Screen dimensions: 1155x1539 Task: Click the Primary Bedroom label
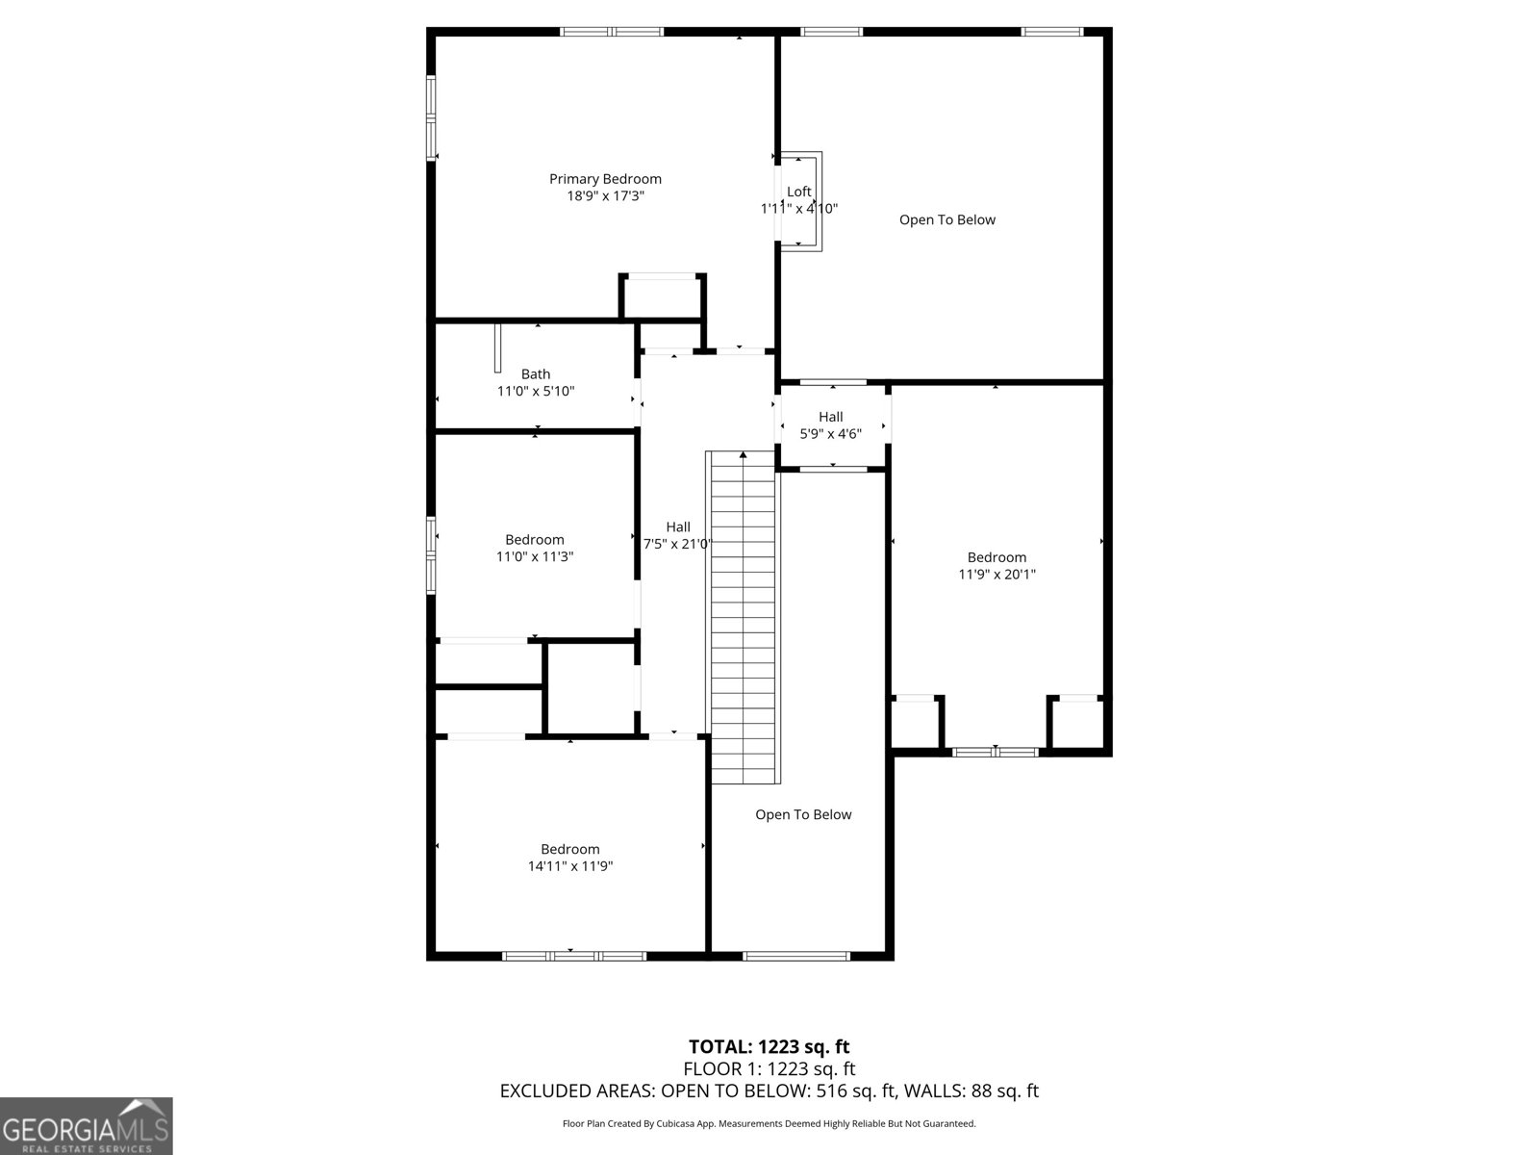(605, 179)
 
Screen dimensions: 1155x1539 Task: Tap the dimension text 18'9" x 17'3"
(605, 196)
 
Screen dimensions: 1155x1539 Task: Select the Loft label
(799, 192)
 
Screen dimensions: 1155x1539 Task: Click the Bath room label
(536, 374)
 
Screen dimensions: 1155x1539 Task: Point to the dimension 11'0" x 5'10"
(536, 392)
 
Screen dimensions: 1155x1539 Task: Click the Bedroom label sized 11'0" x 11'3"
(535, 540)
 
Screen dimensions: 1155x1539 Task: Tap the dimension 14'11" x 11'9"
(570, 866)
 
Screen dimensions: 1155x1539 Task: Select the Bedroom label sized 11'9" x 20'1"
(997, 557)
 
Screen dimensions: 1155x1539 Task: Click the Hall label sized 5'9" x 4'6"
(831, 417)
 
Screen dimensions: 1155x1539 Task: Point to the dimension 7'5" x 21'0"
(678, 544)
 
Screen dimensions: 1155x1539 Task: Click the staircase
(744, 616)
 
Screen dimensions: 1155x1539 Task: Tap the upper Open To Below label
(947, 219)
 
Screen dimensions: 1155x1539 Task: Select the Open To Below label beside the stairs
(803, 815)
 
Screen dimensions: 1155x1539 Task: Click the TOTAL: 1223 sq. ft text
(769, 1046)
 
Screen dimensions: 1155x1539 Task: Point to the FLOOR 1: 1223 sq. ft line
(769, 1069)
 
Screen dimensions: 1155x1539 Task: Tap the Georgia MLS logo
(87, 1126)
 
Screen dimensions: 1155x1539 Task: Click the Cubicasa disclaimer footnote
(769, 1123)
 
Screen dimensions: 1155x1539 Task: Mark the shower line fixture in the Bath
(497, 348)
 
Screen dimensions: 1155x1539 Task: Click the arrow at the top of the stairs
(743, 454)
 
